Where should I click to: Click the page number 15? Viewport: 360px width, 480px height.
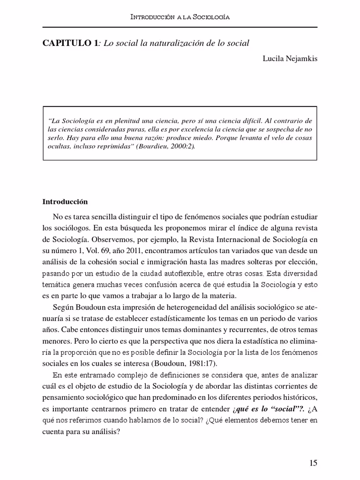[313, 463]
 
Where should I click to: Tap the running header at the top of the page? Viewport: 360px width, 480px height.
[180, 17]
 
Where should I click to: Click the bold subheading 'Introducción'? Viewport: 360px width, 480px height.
[65, 202]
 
